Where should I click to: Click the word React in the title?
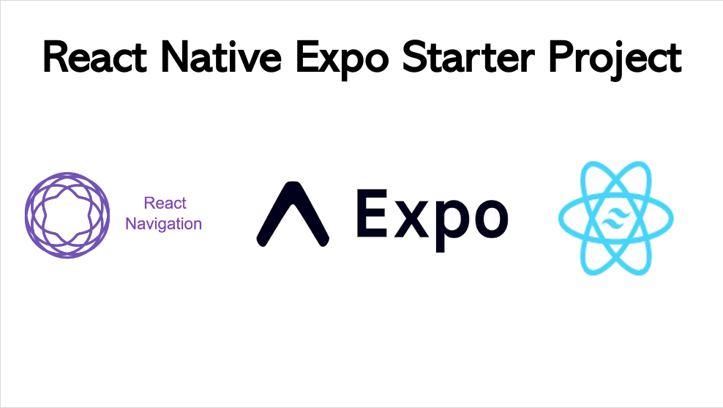99,57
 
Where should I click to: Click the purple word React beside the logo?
165,204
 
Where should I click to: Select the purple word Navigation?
163,223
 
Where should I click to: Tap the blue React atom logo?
615,218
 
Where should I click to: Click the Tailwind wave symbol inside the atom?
615,219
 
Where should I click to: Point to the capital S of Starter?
413,57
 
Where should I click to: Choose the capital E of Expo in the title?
308,57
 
